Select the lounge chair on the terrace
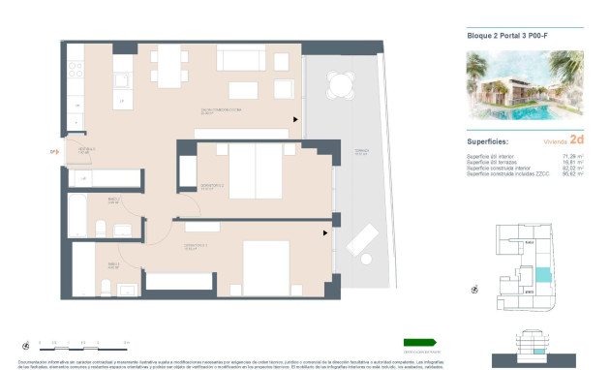click(363, 240)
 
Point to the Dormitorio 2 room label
click(212, 186)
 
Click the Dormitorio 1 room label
click(197, 247)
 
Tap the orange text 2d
click(577, 139)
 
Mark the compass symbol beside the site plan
click(474, 289)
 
